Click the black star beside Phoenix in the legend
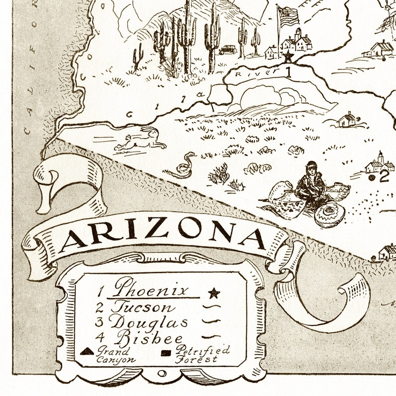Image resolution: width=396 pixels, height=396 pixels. click(x=214, y=292)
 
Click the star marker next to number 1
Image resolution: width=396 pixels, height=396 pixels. click(x=287, y=57)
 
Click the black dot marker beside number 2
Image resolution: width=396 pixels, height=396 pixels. click(x=372, y=176)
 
